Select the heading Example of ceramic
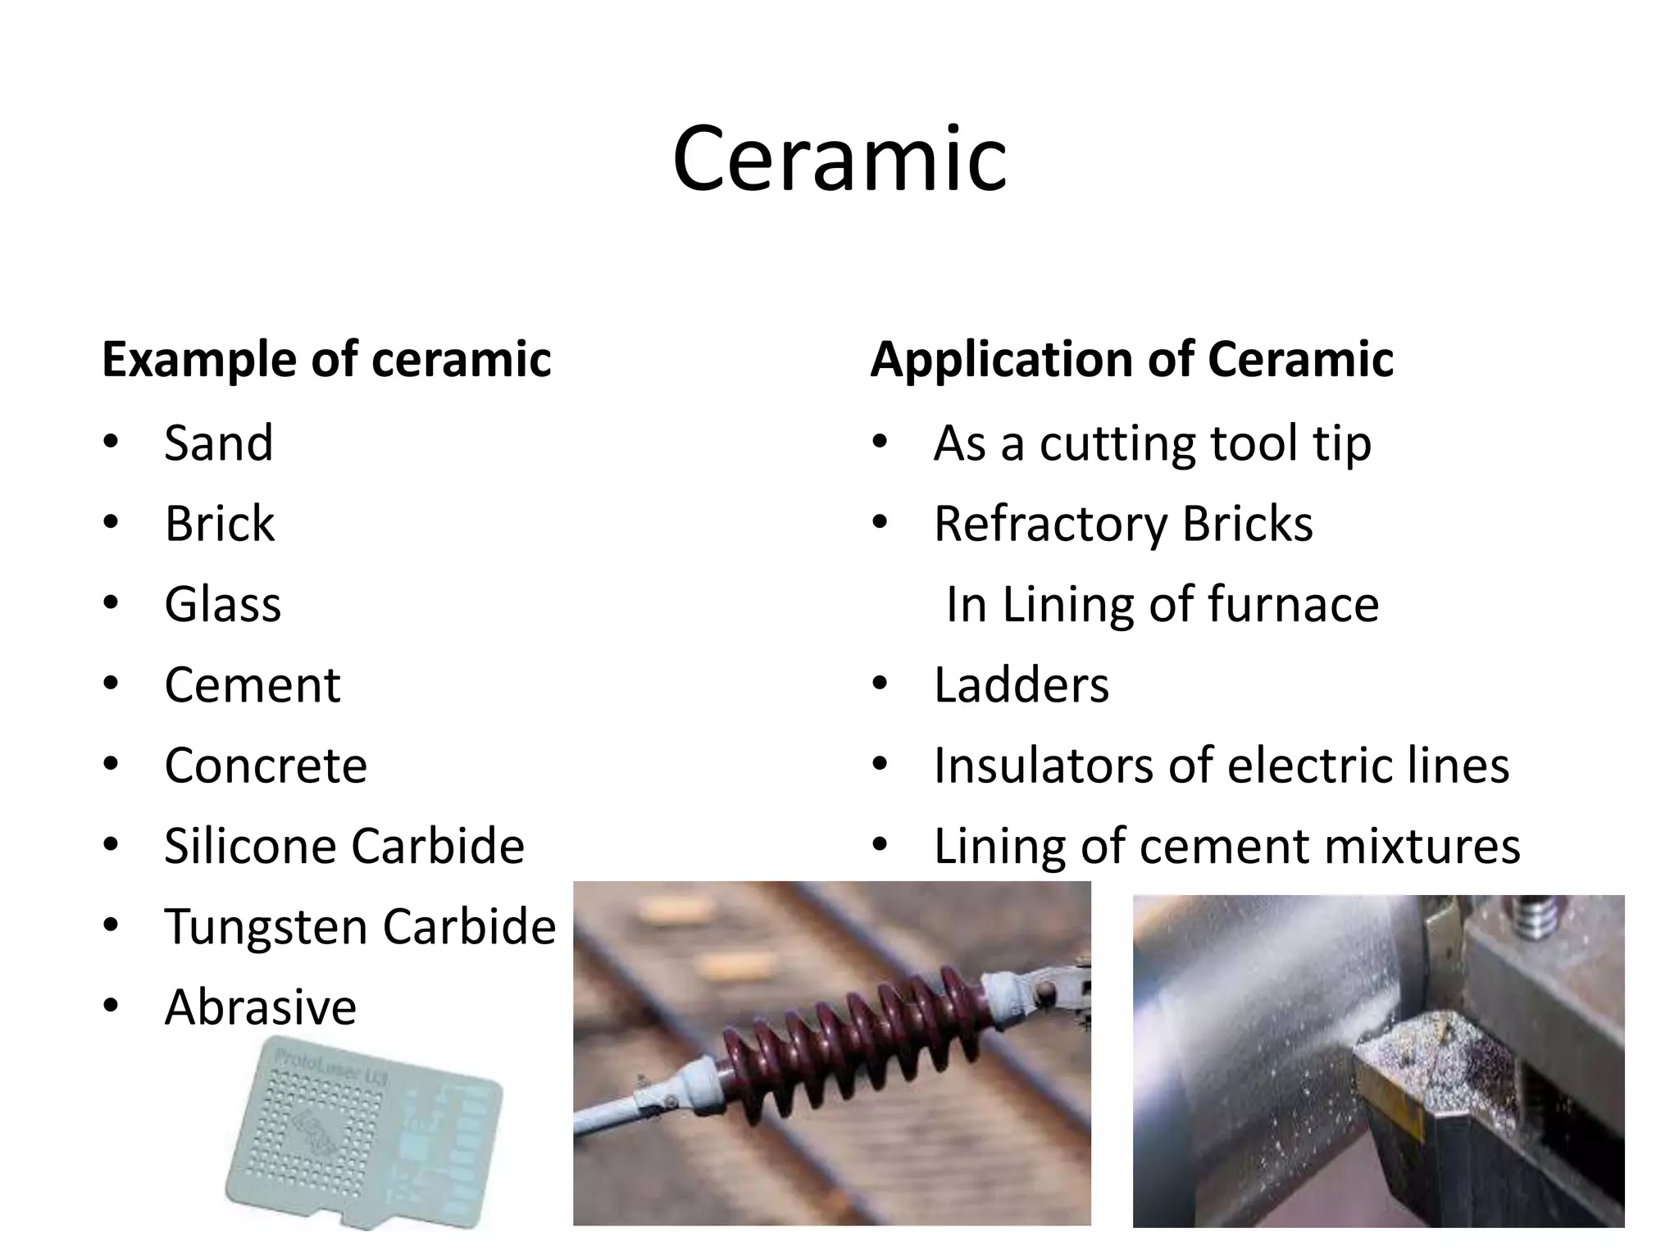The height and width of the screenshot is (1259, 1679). coord(326,359)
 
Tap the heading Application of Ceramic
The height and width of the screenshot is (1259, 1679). coord(1131,359)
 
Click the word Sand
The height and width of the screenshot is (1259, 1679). coord(218,443)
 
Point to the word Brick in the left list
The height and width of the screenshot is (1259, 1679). coord(220,524)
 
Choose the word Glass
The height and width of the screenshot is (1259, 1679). coord(222,604)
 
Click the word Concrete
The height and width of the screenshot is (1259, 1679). coord(266,766)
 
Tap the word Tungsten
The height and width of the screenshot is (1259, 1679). coord(266,927)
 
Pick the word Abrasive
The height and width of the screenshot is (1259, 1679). coord(261,1007)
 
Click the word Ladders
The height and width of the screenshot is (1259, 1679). coord(1021,685)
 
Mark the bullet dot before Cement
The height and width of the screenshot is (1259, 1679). coord(111,683)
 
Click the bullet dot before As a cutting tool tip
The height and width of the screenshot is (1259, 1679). coord(880,441)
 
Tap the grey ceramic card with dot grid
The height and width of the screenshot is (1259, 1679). coord(364,1131)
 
